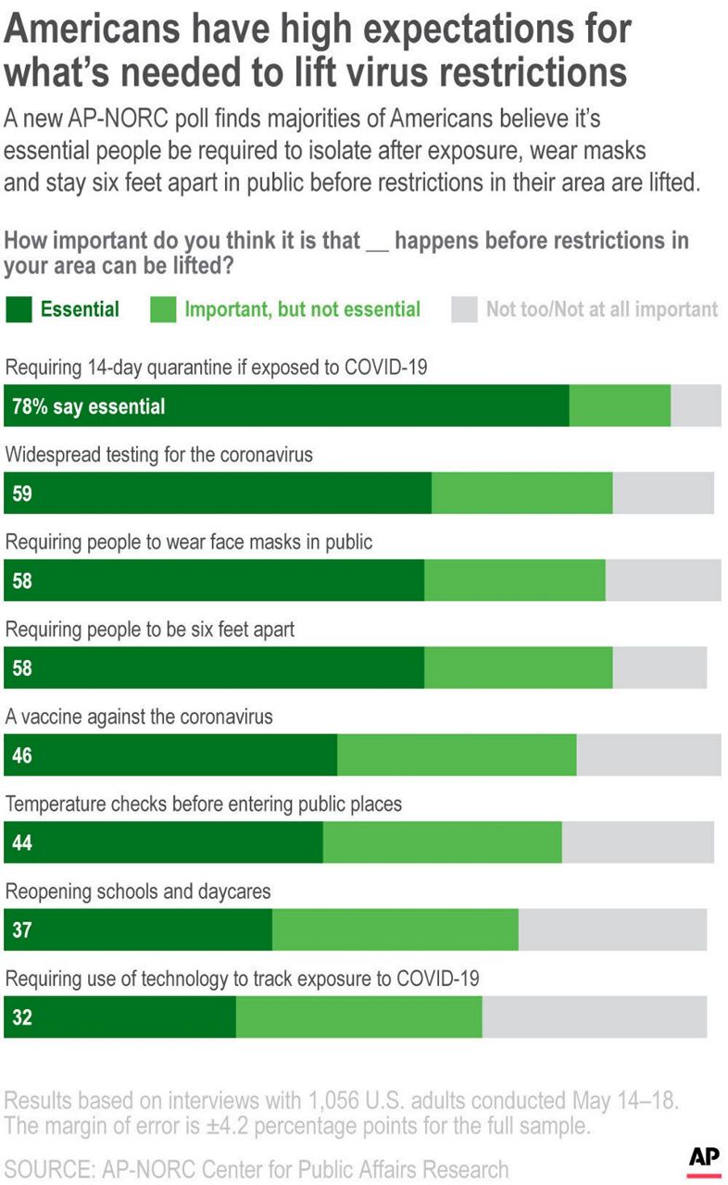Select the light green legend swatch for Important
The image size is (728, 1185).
tap(163, 309)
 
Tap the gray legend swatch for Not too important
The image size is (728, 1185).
tap(464, 309)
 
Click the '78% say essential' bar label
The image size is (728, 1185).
tap(89, 406)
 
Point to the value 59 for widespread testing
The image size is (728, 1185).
tap(22, 493)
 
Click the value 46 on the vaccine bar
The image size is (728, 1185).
tap(22, 755)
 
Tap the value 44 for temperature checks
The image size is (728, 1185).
tap(22, 842)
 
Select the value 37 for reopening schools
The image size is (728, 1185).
tap(22, 929)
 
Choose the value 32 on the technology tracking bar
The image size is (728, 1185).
tap(22, 1017)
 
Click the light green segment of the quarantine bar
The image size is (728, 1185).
tap(620, 406)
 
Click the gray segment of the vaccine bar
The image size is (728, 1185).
tap(648, 755)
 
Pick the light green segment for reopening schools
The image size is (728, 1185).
tap(395, 929)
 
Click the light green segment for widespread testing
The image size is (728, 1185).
tap(522, 493)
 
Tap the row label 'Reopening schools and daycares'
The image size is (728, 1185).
tap(139, 892)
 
